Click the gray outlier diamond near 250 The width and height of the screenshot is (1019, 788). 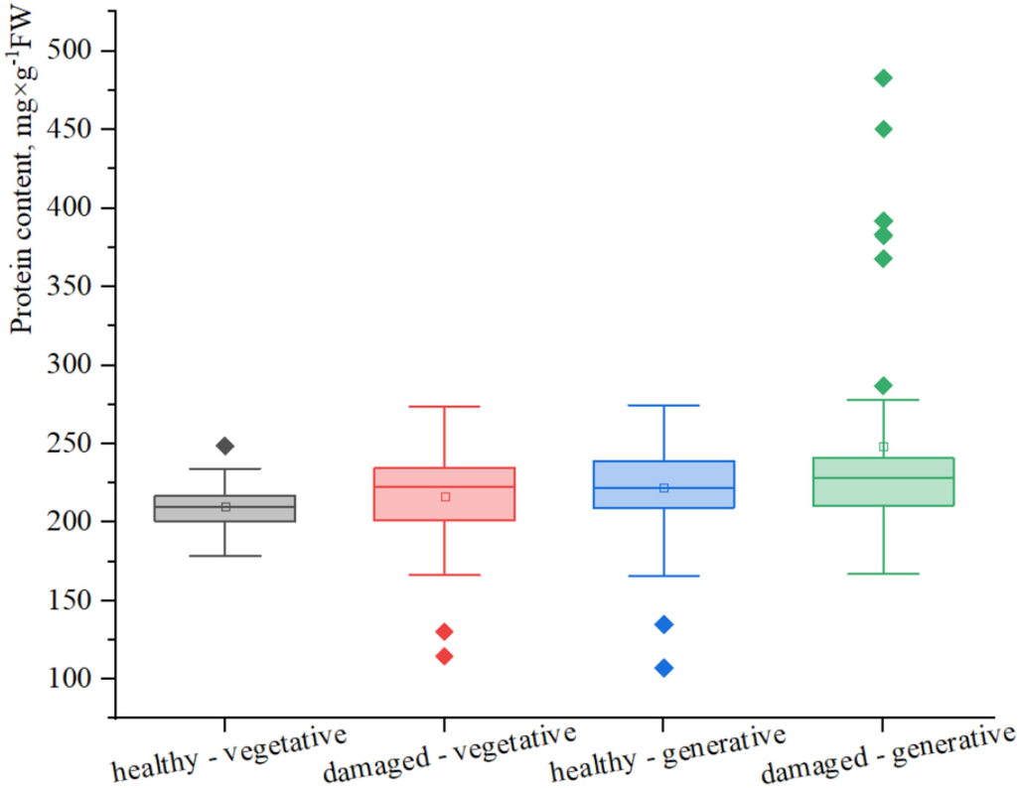point(225,446)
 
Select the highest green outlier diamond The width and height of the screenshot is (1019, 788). point(883,78)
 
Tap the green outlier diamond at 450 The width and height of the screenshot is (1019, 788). point(883,129)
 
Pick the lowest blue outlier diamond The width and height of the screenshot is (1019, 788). point(663,668)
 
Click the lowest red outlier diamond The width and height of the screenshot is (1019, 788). point(444,656)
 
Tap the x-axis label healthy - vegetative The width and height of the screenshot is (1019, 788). point(228,754)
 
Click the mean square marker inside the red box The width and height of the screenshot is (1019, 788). point(445,496)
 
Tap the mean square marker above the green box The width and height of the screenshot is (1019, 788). point(883,447)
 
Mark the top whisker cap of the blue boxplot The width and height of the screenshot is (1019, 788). point(663,405)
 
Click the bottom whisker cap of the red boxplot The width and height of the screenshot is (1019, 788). point(444,575)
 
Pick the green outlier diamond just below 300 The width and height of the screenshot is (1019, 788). point(883,385)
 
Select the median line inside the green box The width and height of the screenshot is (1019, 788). point(883,478)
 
